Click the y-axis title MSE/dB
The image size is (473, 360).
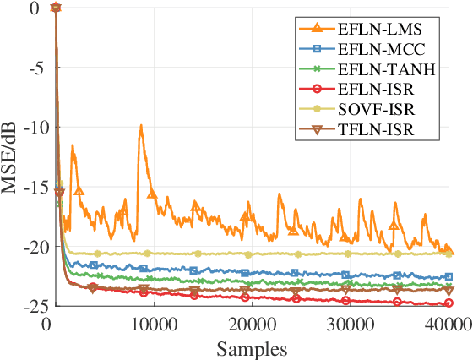coord(11,157)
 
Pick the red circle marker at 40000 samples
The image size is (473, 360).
coord(449,303)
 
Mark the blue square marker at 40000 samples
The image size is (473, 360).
coord(449,276)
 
